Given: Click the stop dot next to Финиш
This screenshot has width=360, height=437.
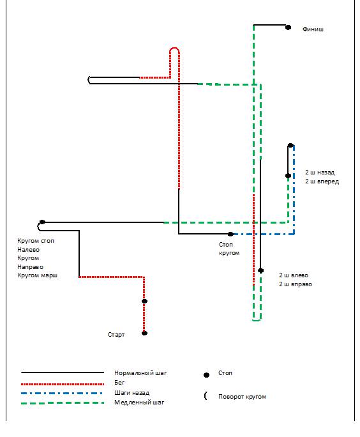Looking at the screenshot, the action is (288, 27).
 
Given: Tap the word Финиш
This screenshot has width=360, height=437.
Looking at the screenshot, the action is (313, 29).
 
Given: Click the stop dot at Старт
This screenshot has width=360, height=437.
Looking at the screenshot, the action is (144, 333).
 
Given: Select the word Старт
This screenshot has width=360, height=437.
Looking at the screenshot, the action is (116, 334).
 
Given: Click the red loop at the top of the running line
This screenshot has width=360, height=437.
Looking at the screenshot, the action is (174, 49).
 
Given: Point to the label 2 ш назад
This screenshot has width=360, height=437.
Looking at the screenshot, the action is (320, 172).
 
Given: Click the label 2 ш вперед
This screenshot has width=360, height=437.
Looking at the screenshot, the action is (322, 181).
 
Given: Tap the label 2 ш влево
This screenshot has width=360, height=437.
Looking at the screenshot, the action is (294, 275).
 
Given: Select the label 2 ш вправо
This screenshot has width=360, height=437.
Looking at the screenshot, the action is (296, 284).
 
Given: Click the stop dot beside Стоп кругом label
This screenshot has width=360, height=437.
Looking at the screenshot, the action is (230, 234).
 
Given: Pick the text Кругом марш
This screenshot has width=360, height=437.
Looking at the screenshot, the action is (37, 275).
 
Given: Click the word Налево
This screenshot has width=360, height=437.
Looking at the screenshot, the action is (28, 250).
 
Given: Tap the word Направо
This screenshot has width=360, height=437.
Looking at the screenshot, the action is (31, 267).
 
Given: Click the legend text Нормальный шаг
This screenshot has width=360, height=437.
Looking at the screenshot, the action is (140, 373).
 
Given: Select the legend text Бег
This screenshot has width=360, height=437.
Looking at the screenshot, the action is (119, 383).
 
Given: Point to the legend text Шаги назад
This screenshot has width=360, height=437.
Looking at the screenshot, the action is (131, 393).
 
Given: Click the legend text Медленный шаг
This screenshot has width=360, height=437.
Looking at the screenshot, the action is (139, 402).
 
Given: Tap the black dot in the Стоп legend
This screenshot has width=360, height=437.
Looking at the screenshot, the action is (206, 375).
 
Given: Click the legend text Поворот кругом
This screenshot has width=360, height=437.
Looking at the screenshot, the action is (242, 397).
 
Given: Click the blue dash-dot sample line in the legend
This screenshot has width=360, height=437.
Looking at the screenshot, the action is (61, 394).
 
